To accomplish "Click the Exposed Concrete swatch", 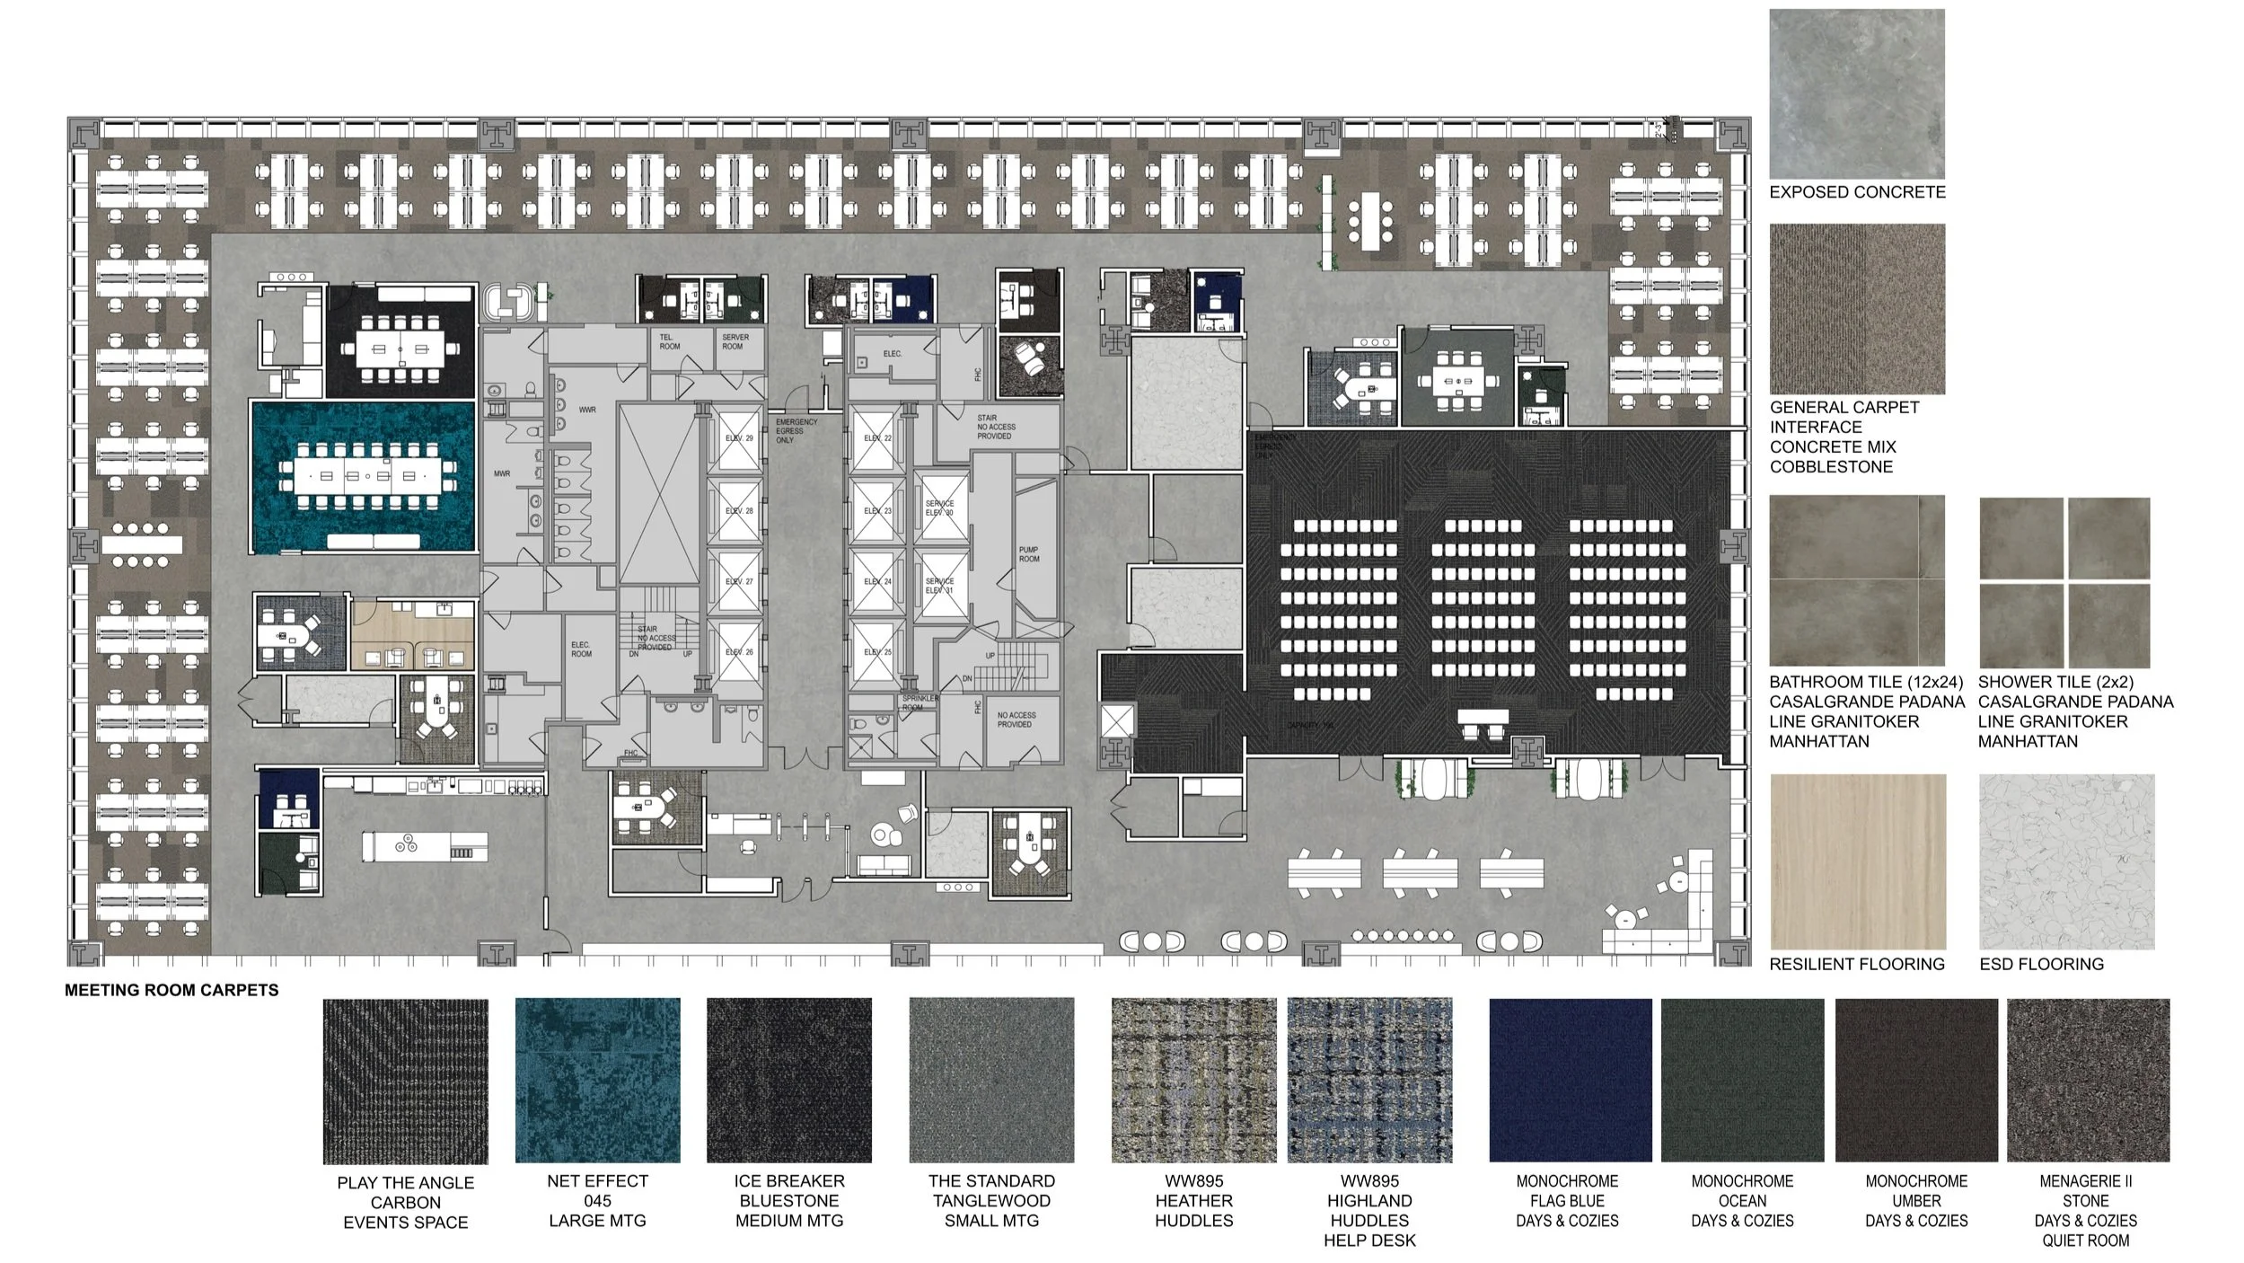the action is pos(1856,93).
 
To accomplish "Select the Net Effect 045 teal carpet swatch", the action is pos(597,1080).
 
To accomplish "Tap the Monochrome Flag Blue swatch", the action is pos(1570,1080).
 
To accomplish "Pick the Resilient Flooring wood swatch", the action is pos(1857,861).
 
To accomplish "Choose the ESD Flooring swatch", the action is pos(2066,861).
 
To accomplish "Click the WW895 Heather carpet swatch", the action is pos(1193,1080).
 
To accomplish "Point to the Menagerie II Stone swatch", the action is pos(2087,1080).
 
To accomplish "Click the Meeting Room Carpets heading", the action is pos(172,990).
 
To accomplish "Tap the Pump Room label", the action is pos(1029,554).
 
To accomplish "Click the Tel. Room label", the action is pos(670,342).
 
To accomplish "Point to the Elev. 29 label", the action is pos(739,438).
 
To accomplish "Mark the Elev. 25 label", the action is pos(877,652).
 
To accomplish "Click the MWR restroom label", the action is pos(502,473).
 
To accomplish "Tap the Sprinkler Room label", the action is pos(920,702).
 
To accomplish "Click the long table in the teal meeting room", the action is pos(363,475).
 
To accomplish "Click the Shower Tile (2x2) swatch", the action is pos(2064,582).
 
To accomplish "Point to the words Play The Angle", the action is pos(405,1183).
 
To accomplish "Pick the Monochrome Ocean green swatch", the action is pos(1742,1080).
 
